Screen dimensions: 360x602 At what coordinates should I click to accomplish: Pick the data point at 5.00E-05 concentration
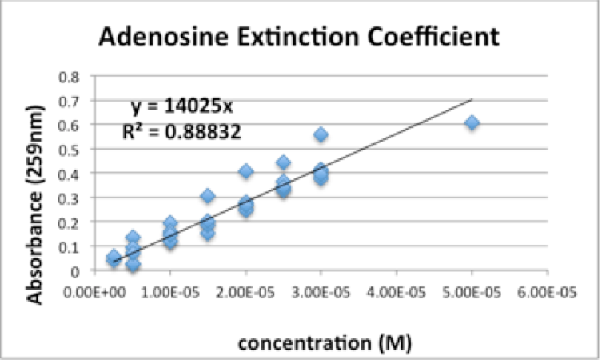coord(472,122)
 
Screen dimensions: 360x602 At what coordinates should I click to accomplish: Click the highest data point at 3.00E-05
coord(321,134)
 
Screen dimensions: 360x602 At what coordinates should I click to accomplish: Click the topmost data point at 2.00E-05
coord(246,171)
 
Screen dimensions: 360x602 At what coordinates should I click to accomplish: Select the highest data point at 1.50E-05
coord(208,196)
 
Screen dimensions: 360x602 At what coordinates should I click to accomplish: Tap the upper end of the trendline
coord(472,100)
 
